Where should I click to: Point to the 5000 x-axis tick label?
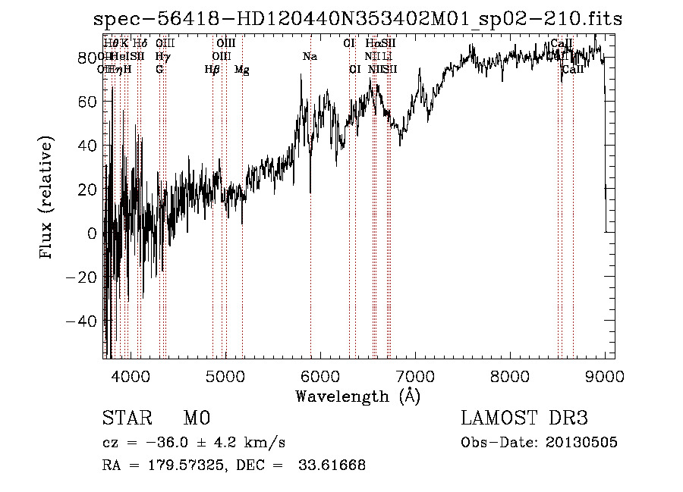pos(225,376)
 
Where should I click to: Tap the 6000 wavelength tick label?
pos(320,376)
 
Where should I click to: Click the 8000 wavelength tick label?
pos(510,376)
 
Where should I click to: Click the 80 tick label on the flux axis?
pos(88,58)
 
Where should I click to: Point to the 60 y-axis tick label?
pos(88,102)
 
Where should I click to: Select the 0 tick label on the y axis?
pos(92,233)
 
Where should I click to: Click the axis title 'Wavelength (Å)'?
pos(357,396)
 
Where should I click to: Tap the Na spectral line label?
pos(310,56)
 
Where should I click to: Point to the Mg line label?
pos(242,70)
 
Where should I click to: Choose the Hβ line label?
pos(212,70)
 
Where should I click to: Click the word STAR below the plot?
pos(127,418)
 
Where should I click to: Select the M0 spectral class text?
pos(196,418)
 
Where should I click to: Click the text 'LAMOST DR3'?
pos(524,418)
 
